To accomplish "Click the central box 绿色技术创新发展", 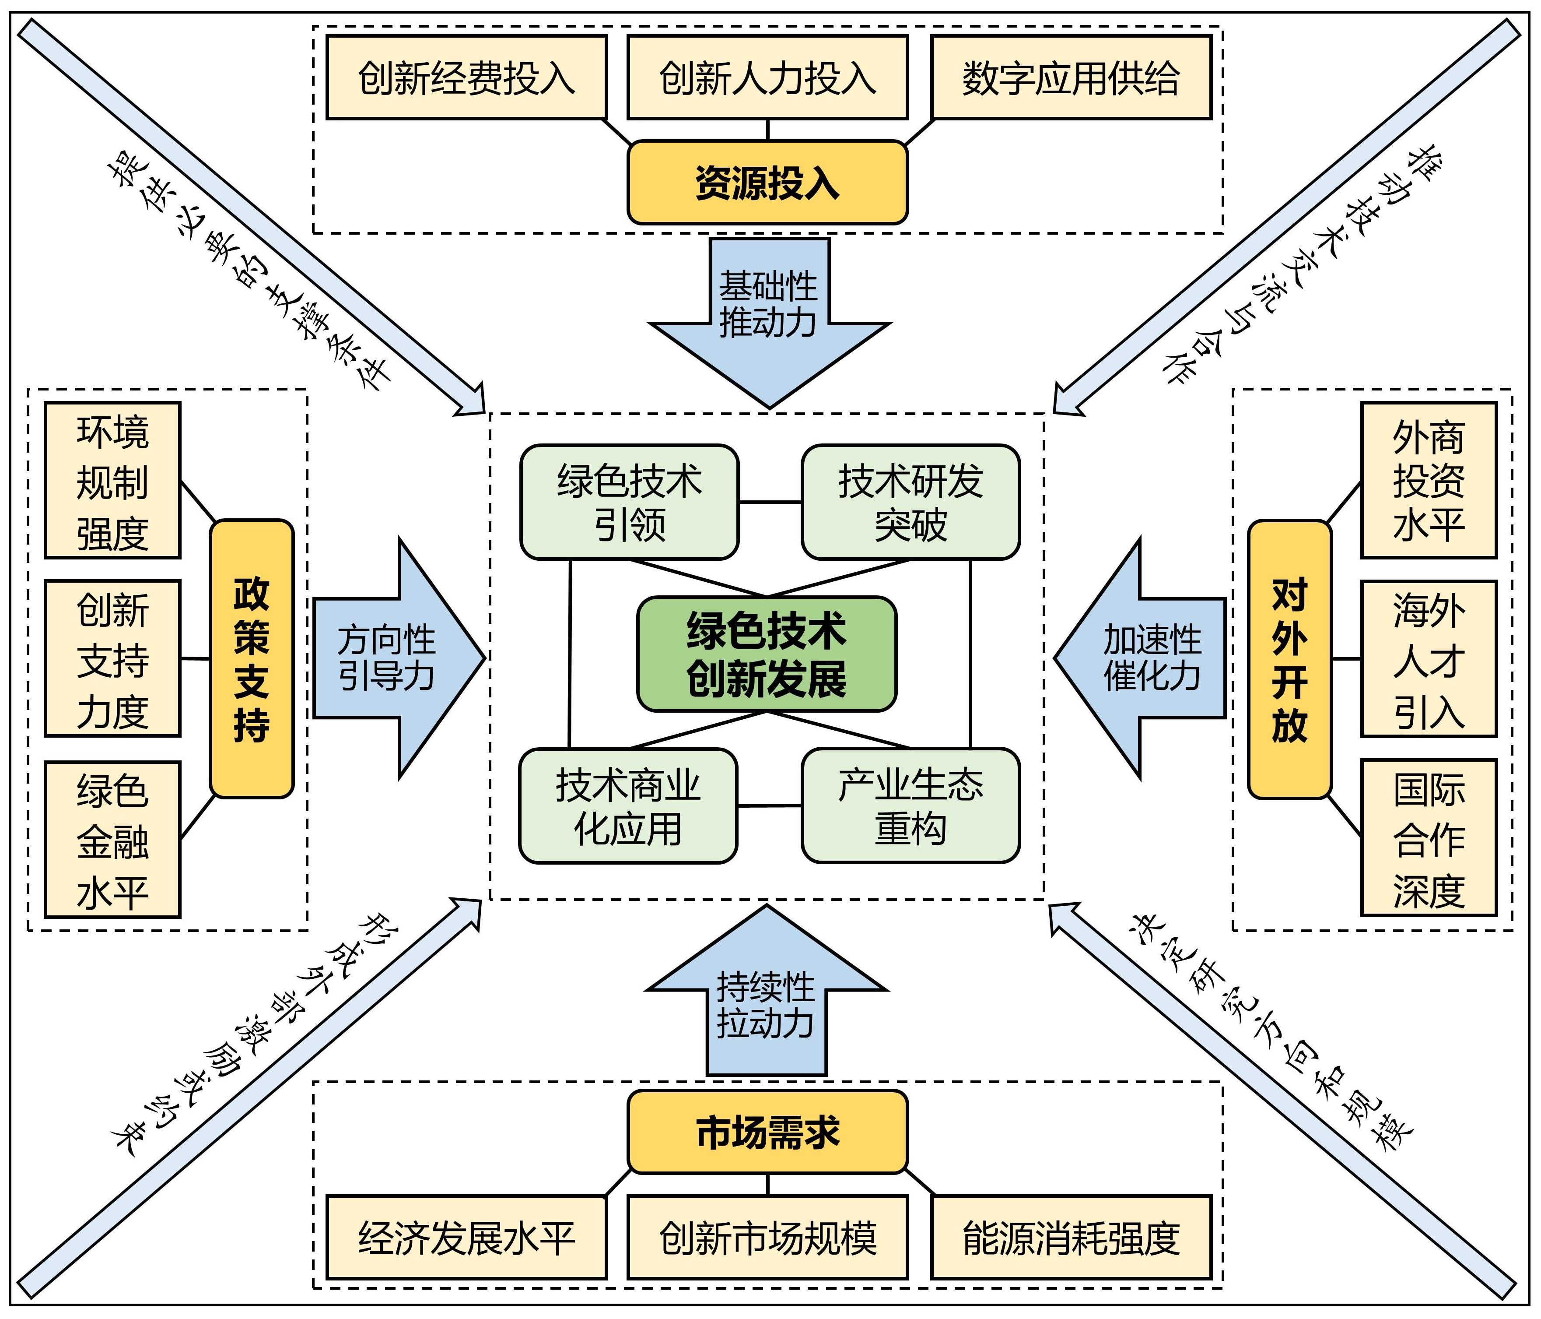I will click(767, 654).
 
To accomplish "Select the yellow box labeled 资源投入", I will click(767, 182).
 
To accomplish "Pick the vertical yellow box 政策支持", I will click(252, 658).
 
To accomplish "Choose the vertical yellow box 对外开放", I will click(1289, 658).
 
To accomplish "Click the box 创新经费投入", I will click(466, 77).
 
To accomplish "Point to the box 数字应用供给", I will click(1071, 77).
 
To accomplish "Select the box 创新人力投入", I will click(767, 77).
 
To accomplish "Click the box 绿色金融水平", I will click(112, 839).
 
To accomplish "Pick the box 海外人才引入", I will click(1428, 658).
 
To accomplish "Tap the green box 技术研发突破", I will click(911, 502).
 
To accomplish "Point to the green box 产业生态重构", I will click(911, 805).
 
